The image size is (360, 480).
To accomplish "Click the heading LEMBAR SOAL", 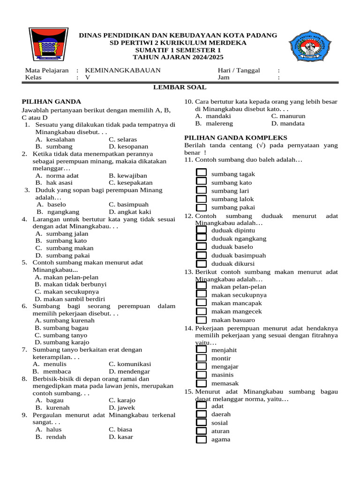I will click(x=180, y=87).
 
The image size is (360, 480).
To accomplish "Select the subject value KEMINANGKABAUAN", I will click(x=123, y=70).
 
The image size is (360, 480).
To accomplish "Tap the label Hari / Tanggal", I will click(x=239, y=70).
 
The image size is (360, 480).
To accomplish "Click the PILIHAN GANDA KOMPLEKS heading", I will click(x=235, y=137).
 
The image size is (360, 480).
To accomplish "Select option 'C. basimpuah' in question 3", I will click(x=128, y=204).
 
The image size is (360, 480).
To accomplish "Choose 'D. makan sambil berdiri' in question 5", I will click(x=70, y=299).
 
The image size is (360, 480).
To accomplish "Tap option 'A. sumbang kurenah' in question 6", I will click(x=65, y=321).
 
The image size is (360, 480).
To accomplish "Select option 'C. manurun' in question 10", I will click(x=288, y=116).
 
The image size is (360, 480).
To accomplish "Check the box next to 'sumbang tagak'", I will click(x=201, y=174).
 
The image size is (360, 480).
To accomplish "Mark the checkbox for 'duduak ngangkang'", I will click(x=201, y=239).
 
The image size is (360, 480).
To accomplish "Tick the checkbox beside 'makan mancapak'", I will click(x=201, y=303).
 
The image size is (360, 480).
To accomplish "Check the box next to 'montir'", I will click(x=201, y=359).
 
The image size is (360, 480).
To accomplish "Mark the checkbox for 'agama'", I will click(x=201, y=440).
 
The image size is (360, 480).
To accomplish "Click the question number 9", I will click(x=24, y=415).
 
